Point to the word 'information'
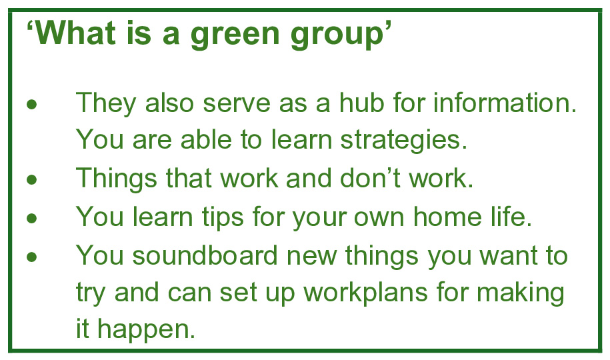click(501, 103)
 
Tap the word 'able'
click(206, 139)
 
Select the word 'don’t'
click(370, 177)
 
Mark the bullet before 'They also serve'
click(32, 105)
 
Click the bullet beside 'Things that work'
click(32, 180)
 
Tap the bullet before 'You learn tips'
click(32, 218)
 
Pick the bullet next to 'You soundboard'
click(32, 257)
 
